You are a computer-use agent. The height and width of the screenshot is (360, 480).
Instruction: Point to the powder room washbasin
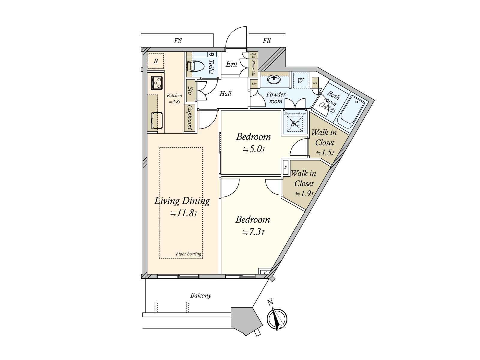[x=274, y=80]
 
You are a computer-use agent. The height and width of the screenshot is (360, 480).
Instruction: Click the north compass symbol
[x=277, y=319]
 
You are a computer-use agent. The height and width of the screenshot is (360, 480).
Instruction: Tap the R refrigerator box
[x=156, y=61]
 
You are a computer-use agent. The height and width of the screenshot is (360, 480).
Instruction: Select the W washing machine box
[x=301, y=80]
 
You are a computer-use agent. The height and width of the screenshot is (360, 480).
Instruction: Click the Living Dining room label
[x=182, y=201]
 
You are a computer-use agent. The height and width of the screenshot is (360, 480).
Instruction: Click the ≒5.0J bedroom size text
[x=254, y=149]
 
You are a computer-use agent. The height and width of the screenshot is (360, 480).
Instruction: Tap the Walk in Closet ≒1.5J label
[x=324, y=142]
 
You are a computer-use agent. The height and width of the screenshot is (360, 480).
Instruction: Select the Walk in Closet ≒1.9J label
[x=304, y=183]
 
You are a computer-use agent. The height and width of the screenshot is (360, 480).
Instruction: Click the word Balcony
[x=201, y=295]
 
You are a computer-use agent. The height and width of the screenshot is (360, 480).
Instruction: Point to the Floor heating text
[x=188, y=254]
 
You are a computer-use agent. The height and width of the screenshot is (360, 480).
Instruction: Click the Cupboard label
[x=190, y=117]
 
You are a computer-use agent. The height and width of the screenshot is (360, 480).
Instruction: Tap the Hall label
[x=225, y=94]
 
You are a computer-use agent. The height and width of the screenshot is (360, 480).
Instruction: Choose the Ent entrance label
[x=232, y=64]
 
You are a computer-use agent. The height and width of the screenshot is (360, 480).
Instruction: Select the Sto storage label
[x=190, y=90]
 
